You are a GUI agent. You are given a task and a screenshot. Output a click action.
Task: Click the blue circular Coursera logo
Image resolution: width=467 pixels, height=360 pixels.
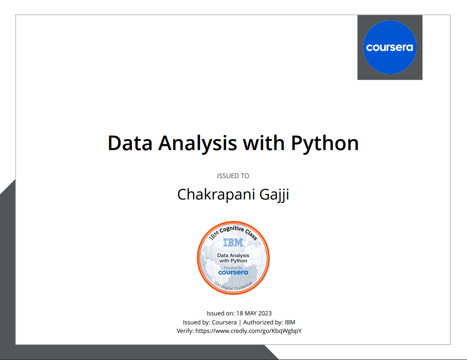coord(390,47)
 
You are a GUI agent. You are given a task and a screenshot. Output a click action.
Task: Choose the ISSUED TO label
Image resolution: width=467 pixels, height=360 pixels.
coord(233,176)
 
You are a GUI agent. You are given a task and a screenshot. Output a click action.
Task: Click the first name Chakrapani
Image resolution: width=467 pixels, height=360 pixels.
coord(212,195)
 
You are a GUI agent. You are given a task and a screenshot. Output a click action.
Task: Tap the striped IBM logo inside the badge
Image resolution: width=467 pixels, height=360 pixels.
coord(233,243)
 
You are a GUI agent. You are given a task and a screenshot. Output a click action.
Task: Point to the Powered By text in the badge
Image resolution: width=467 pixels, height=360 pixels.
coord(233,267)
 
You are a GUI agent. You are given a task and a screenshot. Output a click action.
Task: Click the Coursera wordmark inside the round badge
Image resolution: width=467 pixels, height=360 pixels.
coord(233,273)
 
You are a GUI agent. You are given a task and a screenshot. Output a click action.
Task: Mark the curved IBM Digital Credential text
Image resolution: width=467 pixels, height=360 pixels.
coord(233,286)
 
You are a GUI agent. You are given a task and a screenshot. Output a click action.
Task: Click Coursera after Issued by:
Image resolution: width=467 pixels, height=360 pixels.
coord(224,322)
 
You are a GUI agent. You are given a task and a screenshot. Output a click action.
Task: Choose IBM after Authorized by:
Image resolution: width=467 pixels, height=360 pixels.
coord(290,322)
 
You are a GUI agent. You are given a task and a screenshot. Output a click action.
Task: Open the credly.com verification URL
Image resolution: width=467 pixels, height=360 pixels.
coord(248,331)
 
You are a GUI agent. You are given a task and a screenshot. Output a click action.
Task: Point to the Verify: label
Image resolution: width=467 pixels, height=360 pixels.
coord(185,331)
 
